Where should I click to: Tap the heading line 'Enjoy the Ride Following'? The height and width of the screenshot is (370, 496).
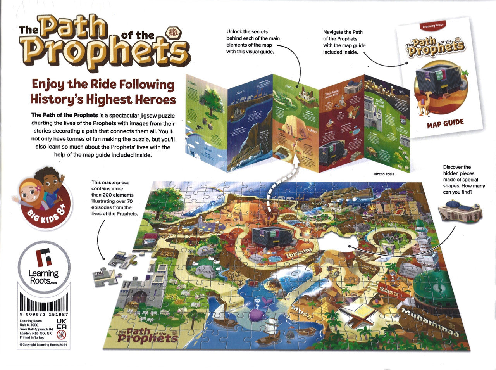103,84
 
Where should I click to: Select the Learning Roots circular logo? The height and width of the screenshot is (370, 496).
43,266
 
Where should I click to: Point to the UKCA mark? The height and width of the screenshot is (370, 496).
62,324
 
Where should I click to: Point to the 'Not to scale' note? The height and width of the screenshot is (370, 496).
384,174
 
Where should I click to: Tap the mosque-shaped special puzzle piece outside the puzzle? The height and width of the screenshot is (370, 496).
460,211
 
